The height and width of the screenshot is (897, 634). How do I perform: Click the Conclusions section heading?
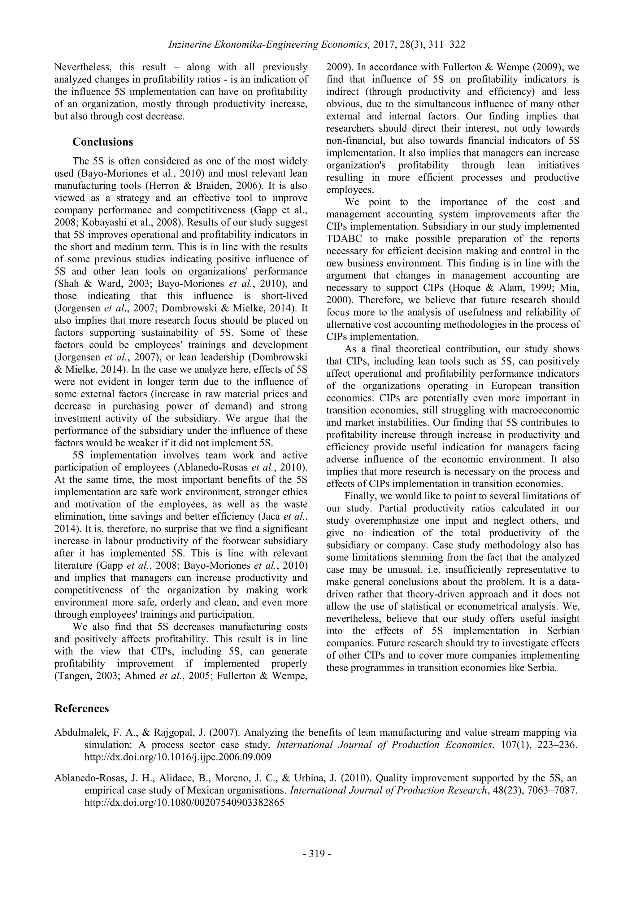coord(103,142)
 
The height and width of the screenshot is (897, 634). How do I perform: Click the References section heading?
coord(82,708)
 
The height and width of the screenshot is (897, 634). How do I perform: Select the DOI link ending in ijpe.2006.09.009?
coord(178,757)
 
